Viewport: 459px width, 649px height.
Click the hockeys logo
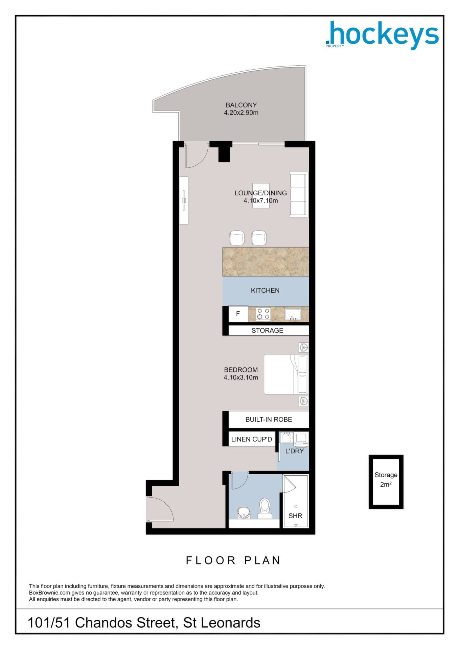pos(382,35)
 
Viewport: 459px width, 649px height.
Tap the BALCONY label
pos(241,105)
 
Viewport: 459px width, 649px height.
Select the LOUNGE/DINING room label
pos(260,193)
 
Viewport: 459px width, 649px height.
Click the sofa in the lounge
pos(299,194)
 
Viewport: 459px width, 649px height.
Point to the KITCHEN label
pos(265,290)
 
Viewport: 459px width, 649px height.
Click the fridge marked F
pos(238,314)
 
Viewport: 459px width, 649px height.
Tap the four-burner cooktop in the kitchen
pos(263,314)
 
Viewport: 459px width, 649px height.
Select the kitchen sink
pos(293,314)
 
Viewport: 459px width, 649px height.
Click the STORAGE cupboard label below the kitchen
pos(267,331)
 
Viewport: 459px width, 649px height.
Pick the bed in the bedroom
pos(286,374)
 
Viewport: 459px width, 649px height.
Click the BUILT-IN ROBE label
pos(269,419)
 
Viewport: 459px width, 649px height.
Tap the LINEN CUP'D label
pos(252,439)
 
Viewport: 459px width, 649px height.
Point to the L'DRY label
pos(295,451)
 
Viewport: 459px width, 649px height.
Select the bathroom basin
pos(243,513)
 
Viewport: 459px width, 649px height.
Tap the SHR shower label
pos(295,516)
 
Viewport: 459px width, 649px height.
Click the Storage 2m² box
pos(386,482)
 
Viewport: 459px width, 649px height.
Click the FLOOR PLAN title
pos(233,560)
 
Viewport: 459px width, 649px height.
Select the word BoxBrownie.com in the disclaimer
pos(49,593)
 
